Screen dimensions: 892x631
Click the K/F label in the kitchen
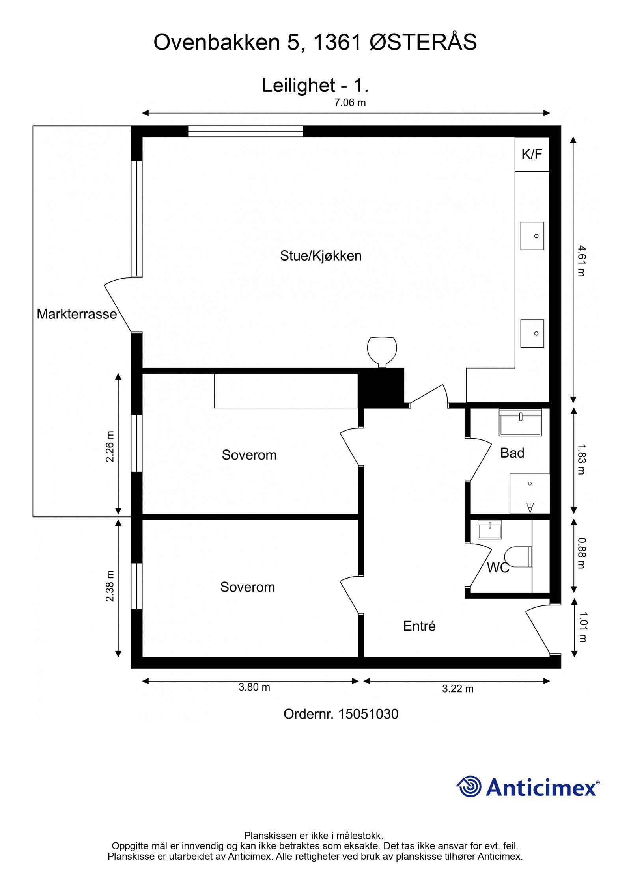point(532,154)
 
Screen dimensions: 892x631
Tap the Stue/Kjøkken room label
point(321,256)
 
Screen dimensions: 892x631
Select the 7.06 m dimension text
point(350,103)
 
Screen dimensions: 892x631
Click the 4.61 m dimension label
point(581,261)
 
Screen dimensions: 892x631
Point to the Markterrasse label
point(77,314)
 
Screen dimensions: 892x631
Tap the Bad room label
point(512,453)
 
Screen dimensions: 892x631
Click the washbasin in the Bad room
point(520,423)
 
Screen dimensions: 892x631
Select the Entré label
point(419,626)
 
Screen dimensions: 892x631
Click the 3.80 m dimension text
point(254,687)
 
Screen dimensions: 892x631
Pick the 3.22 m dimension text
point(457,689)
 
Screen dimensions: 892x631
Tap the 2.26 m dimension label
point(110,446)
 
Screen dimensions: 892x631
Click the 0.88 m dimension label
point(581,553)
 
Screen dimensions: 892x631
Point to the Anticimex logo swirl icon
point(469,787)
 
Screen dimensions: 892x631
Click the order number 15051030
point(368,714)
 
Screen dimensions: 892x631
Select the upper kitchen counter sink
point(532,236)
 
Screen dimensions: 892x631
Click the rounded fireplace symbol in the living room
point(382,351)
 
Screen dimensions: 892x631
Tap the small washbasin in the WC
point(489,529)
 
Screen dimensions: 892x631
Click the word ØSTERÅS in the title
point(424,42)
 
